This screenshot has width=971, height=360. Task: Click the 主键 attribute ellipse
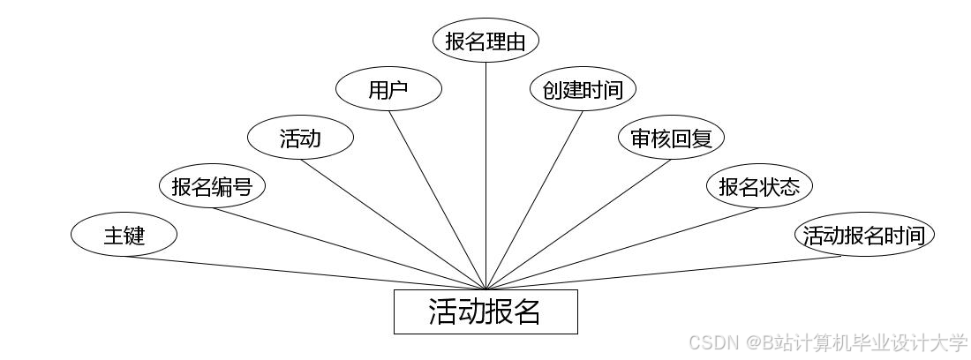pyautogui.click(x=124, y=236)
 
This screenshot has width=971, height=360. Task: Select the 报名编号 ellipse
pyautogui.click(x=212, y=187)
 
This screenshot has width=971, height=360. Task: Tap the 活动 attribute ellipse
pyautogui.click(x=300, y=139)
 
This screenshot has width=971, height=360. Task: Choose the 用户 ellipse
pyautogui.click(x=388, y=90)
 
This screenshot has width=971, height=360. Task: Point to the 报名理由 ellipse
pyautogui.click(x=485, y=41)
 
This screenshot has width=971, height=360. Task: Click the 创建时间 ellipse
pyautogui.click(x=583, y=90)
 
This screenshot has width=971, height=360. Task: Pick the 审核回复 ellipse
pyautogui.click(x=671, y=139)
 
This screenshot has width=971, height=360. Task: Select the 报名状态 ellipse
pyautogui.click(x=759, y=187)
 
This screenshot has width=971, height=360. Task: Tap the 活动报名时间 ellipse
pyautogui.click(x=863, y=236)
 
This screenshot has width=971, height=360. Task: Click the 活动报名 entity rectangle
pyautogui.click(x=485, y=311)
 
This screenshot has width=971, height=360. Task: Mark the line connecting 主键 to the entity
pyautogui.click(x=305, y=273)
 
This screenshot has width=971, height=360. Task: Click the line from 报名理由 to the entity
pyautogui.click(x=485, y=176)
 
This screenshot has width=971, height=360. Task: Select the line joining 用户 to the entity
pyautogui.click(x=437, y=199)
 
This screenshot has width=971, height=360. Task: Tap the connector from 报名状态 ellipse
pyautogui.click(x=622, y=248)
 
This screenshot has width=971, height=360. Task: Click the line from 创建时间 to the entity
pyautogui.click(x=534, y=199)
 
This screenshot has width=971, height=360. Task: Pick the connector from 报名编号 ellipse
pyautogui.click(x=349, y=248)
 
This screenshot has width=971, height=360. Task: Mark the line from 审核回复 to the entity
pyautogui.click(x=578, y=223)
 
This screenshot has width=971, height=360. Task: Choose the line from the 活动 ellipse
pyautogui.click(x=393, y=223)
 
